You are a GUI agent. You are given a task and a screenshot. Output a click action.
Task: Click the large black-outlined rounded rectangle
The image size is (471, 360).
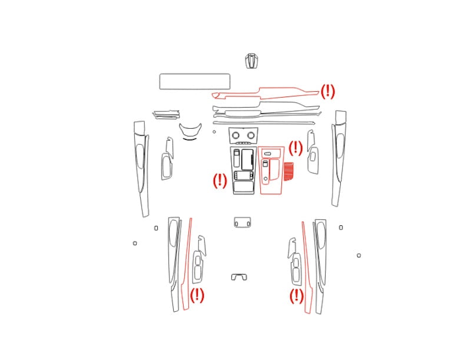click(195, 74)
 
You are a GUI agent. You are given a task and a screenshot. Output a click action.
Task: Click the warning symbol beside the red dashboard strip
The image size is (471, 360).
click(327, 91)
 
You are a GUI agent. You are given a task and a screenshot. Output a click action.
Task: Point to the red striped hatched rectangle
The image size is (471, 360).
click(288, 171)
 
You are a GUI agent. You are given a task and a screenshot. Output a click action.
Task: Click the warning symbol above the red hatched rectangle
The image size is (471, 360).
click(296, 148)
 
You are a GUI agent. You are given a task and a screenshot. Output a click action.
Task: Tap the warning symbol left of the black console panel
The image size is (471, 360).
click(220, 181)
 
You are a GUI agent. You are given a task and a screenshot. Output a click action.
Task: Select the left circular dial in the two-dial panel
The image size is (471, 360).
click(236, 135)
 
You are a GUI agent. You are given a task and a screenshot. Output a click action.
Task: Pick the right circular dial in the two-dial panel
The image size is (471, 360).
click(251, 135)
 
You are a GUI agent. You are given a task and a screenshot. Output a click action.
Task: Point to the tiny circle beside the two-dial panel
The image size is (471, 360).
click(214, 132)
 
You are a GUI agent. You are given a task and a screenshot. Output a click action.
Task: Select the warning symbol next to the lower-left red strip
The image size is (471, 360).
click(197, 295)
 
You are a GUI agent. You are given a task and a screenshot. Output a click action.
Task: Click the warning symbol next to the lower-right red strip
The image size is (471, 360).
click(297, 296)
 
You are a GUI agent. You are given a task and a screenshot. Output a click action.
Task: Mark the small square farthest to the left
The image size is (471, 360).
click(135, 243)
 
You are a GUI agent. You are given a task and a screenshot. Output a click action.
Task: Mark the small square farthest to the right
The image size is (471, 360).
click(359, 255)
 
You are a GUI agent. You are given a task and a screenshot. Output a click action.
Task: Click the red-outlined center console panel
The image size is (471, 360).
click(260, 171)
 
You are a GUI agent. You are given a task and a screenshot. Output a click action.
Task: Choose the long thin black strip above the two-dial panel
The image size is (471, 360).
click(264, 123)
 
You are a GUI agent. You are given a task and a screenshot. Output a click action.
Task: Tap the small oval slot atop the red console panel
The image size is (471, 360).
click(267, 154)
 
